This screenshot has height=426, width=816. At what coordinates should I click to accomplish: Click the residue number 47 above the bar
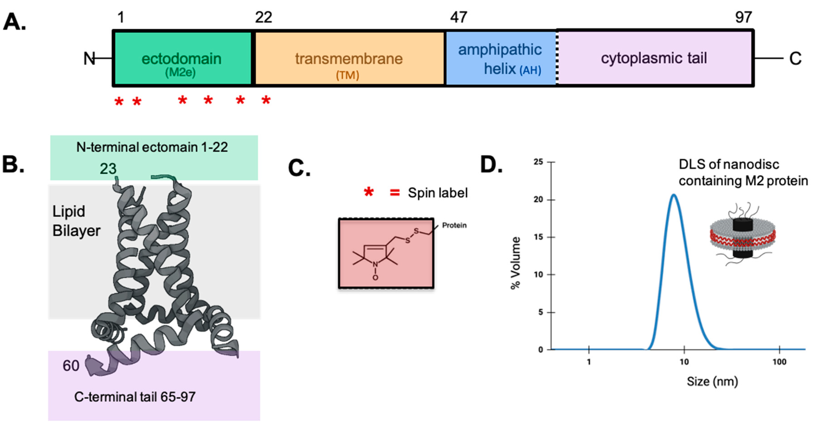pos(458,17)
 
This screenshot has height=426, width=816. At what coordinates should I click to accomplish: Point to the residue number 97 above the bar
pos(743,17)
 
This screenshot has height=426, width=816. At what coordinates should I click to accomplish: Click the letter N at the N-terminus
pos(89,59)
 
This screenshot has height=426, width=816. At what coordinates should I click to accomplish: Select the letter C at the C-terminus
pos(795,59)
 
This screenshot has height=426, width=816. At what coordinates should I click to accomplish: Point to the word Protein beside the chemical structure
pos(454,225)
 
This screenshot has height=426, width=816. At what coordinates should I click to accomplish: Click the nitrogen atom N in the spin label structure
pos(375,264)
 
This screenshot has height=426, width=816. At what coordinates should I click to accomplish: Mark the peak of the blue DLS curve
pos(673,195)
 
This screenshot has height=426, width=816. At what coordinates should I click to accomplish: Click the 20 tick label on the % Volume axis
pos(538,200)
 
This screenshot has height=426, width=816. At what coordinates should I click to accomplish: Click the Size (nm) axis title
pos(712,381)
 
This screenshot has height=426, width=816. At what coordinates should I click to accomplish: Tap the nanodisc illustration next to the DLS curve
pos(742,235)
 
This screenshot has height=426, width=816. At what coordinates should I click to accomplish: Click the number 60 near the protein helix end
pos(71,366)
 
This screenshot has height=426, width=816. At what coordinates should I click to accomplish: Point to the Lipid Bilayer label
pos(76,221)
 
